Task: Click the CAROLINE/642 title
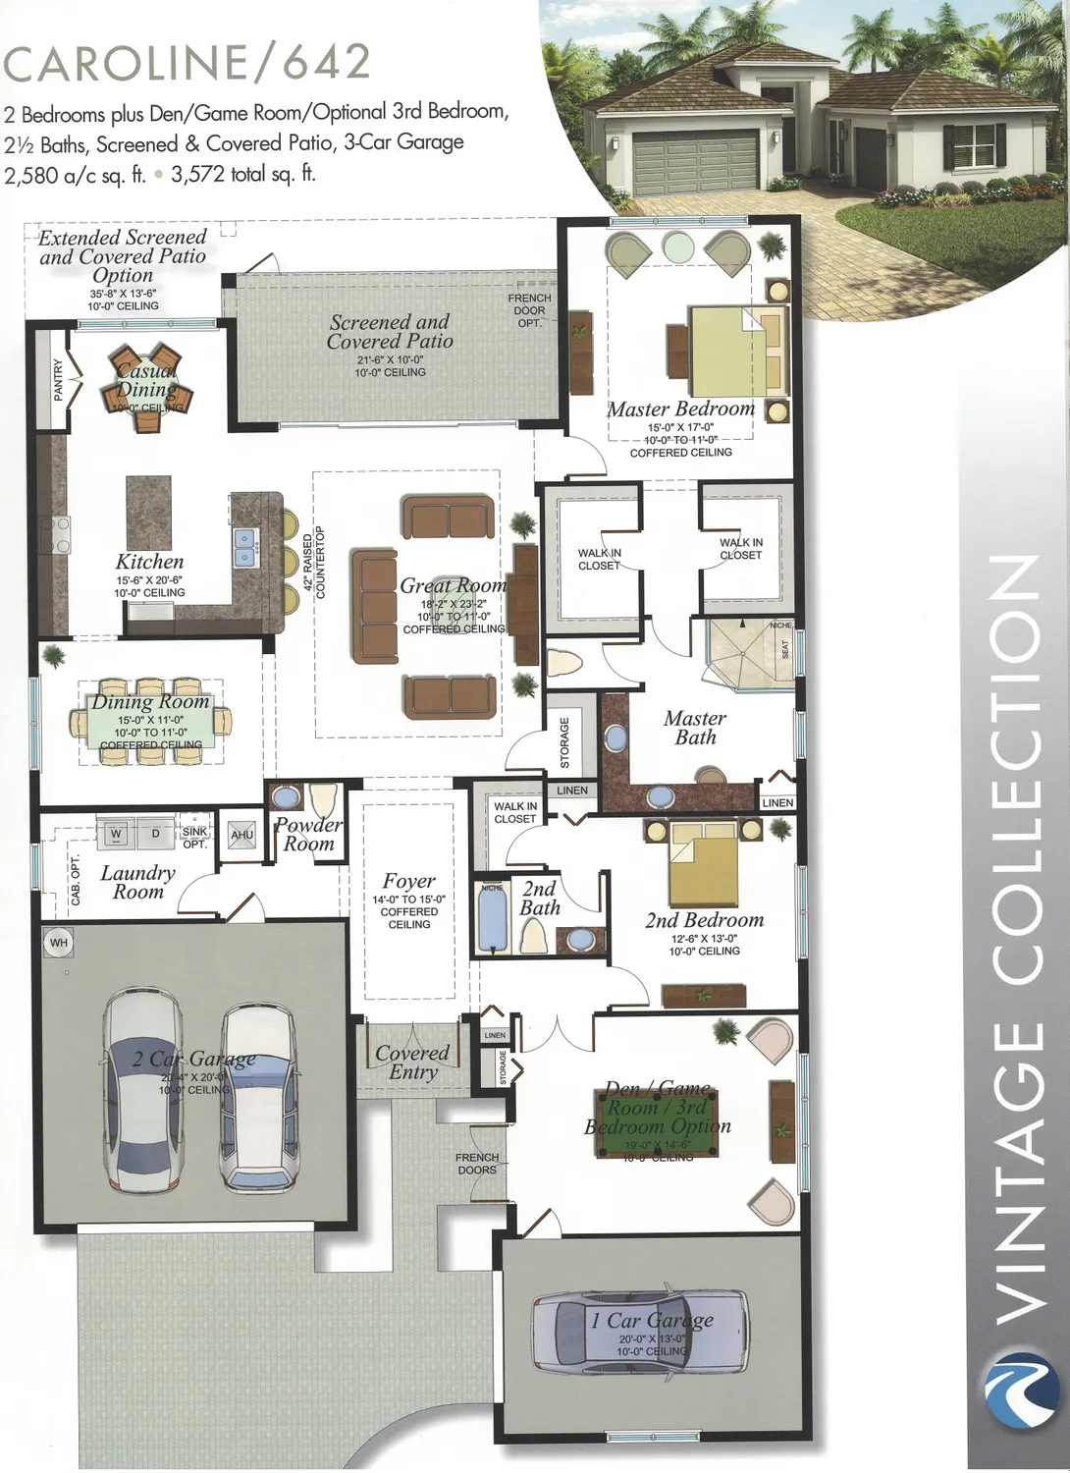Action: (x=187, y=62)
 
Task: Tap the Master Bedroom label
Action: (x=680, y=409)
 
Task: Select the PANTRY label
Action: (x=58, y=380)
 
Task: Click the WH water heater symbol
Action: (x=59, y=943)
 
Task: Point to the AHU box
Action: (x=241, y=835)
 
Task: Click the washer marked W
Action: (x=117, y=834)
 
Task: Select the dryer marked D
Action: (x=155, y=834)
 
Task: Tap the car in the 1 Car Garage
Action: (x=638, y=1332)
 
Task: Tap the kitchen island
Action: (x=148, y=512)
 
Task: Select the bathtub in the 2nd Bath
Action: (x=492, y=918)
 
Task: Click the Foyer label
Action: (x=408, y=882)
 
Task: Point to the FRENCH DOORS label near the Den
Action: (x=477, y=1164)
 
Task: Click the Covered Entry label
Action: (x=412, y=1063)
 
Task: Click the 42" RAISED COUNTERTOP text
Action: (x=313, y=565)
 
